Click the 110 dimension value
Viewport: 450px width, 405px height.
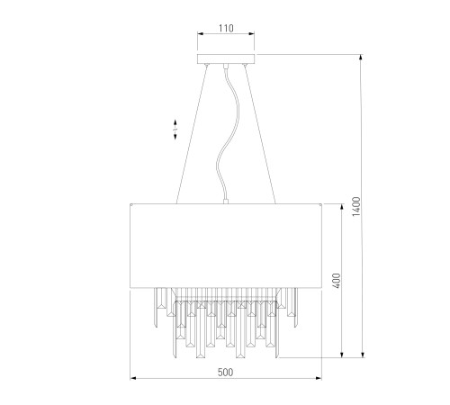pyautogui.click(x=226, y=28)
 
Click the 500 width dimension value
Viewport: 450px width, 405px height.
pyautogui.click(x=225, y=373)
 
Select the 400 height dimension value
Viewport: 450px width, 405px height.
pyautogui.click(x=337, y=281)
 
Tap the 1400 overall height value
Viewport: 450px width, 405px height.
pyautogui.click(x=356, y=206)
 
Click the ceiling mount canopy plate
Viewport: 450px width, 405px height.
pyautogui.click(x=226, y=58)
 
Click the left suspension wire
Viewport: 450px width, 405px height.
pyautogui.click(x=192, y=135)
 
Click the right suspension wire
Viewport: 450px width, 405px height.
pyautogui.click(x=260, y=135)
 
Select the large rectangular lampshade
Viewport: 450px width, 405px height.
pyautogui.click(x=226, y=246)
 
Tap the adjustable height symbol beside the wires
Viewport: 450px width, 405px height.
pyautogui.click(x=175, y=130)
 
